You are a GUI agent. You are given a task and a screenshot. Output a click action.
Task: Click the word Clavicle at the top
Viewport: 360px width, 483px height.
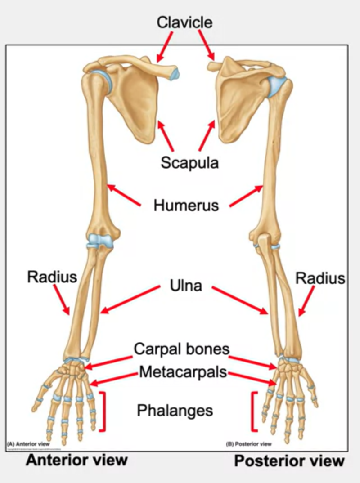184,22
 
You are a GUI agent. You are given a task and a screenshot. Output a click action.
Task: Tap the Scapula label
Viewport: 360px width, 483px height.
189,162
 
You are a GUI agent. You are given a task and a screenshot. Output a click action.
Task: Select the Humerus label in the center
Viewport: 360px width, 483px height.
186,206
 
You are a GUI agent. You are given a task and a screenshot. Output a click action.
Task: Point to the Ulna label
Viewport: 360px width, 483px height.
186,285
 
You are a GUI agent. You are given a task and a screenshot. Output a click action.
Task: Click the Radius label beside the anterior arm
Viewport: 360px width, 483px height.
52,277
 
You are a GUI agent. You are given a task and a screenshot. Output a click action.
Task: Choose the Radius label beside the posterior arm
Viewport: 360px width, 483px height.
320,278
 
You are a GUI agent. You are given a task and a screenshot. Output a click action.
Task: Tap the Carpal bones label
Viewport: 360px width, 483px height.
181,349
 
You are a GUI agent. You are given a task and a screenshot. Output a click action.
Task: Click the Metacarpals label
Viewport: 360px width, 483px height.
183,372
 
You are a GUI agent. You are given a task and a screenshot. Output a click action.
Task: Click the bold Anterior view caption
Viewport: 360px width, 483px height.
76,460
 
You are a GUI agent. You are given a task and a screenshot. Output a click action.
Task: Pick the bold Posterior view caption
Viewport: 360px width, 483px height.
289,461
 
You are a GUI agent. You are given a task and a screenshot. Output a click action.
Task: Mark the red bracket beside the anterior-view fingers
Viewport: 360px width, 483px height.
104,411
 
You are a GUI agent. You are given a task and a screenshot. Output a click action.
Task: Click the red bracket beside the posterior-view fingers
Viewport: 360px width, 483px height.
255,411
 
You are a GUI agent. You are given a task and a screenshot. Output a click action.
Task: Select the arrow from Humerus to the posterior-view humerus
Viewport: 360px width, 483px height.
246,196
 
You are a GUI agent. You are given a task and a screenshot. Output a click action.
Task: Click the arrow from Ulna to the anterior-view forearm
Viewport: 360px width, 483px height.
130,299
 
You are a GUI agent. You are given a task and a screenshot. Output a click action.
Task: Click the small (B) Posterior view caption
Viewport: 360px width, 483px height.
249,444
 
